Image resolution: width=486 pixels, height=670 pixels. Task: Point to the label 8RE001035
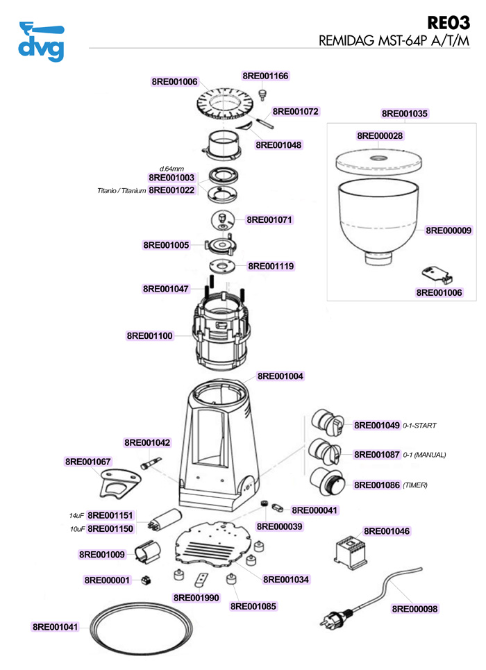pos(405,113)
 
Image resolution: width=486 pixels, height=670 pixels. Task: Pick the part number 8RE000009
pos(449,230)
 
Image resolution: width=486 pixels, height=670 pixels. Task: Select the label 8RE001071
pos(270,219)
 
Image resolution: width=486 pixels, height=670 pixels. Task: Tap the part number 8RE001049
pos(377,425)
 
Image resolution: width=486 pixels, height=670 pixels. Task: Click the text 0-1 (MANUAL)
pos(424,455)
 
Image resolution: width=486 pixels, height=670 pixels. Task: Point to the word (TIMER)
pos(414,485)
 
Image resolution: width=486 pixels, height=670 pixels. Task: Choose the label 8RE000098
pos(415,609)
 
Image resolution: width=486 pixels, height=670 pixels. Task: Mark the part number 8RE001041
pos(56,627)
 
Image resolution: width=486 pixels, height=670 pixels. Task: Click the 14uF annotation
pos(76,516)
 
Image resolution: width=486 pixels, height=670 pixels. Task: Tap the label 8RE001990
pos(196,597)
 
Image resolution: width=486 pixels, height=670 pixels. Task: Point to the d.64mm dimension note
pos(171,169)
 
